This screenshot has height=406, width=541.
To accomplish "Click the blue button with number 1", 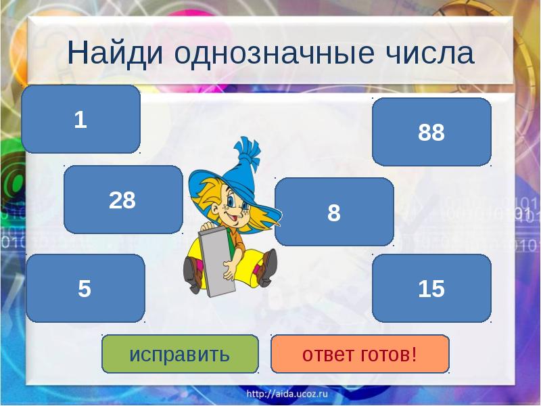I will coord(80,120).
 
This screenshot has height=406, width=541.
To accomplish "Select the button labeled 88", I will coord(431,132).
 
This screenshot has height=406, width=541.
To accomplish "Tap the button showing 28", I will coord(123,200).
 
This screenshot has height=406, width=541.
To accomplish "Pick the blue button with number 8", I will coord(334,212).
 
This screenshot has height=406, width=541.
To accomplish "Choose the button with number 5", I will coord(85,288).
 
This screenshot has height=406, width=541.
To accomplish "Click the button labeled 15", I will coord(431,288).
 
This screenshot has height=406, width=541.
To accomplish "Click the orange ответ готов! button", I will coord(360,354).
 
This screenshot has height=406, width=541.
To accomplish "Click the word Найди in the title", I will coord(112,53).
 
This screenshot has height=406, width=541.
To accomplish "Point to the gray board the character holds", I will coord(215,261).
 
